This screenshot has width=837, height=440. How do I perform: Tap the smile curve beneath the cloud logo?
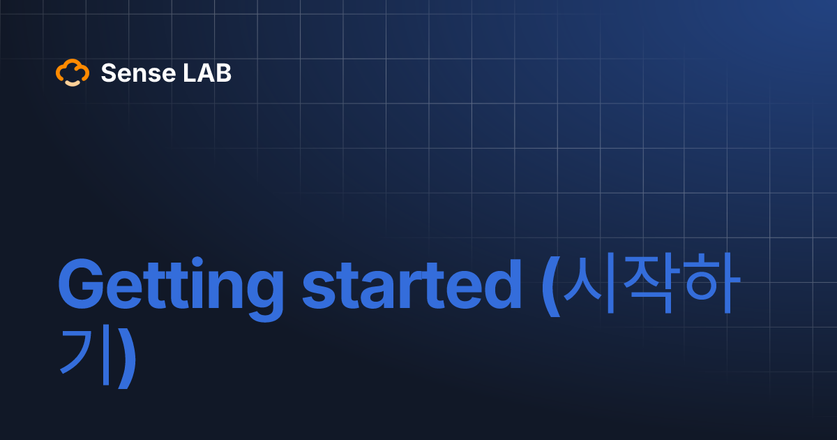pos(73,82)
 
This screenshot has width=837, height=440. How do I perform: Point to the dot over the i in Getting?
pos(199,264)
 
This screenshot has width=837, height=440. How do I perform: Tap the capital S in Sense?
pos(108,73)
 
